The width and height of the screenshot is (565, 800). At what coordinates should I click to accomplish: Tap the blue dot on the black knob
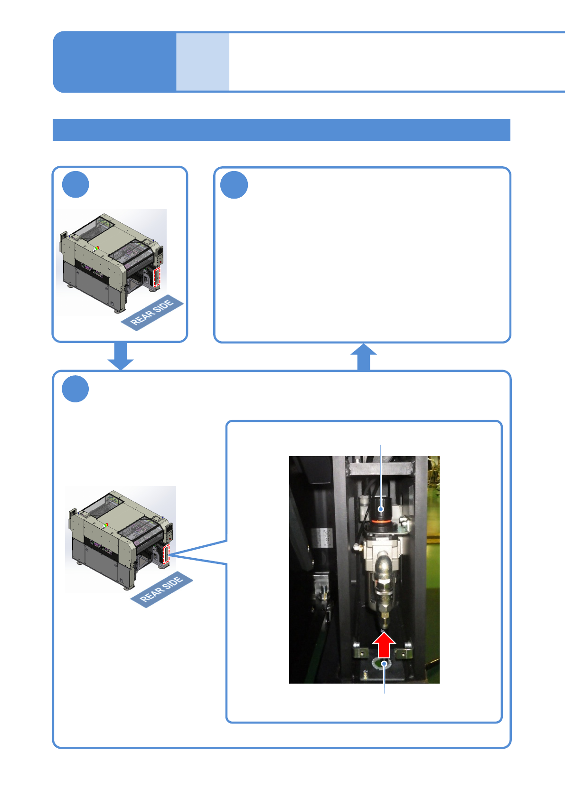tap(381, 510)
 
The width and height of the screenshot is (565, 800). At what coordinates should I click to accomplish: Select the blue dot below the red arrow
tap(384, 664)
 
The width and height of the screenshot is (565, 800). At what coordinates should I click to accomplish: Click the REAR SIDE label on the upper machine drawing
tap(152, 313)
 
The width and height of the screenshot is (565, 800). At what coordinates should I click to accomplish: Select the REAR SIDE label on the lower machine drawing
tap(161, 589)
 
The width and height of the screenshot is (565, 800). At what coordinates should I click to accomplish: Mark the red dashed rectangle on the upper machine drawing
tap(157, 276)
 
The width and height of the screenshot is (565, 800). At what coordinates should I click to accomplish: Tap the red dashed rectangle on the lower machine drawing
tap(166, 554)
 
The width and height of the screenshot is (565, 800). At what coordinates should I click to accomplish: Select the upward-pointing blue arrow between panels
tap(363, 357)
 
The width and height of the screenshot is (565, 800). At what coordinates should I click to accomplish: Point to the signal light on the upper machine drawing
tap(96, 248)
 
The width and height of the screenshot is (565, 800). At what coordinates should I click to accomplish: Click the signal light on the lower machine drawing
tap(105, 525)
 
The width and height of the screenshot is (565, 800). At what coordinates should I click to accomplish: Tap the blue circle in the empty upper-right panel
tap(234, 185)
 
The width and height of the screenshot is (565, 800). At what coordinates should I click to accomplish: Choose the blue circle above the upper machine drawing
tap(75, 185)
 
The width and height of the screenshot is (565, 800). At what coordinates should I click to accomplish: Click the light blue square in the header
tap(203, 62)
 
